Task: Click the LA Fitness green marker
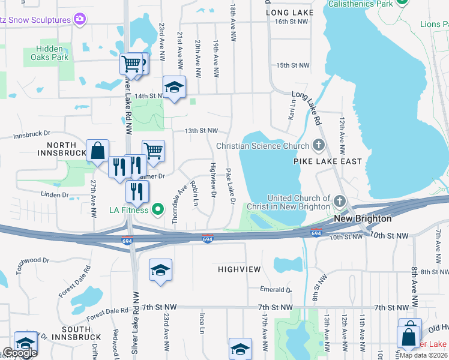tap(158, 209)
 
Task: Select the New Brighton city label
tap(363, 219)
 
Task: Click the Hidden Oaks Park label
tap(46, 53)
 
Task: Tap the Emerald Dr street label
tap(276, 290)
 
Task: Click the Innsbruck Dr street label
tap(33, 136)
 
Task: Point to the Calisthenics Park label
tap(360, 4)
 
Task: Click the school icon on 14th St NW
tap(174, 88)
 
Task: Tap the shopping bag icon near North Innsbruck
tap(97, 152)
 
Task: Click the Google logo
tap(20, 353)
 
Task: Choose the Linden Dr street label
tap(55, 195)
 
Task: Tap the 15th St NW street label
tap(292, 65)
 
